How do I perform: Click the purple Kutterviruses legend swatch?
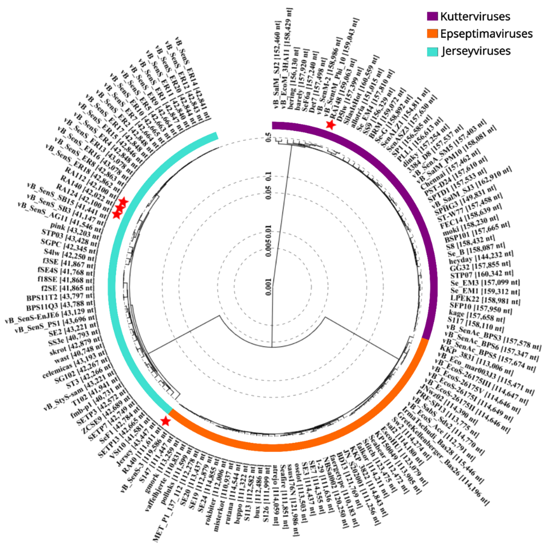(x=432, y=16)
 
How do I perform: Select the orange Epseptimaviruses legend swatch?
(x=432, y=34)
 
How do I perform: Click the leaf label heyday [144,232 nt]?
(x=481, y=257)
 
